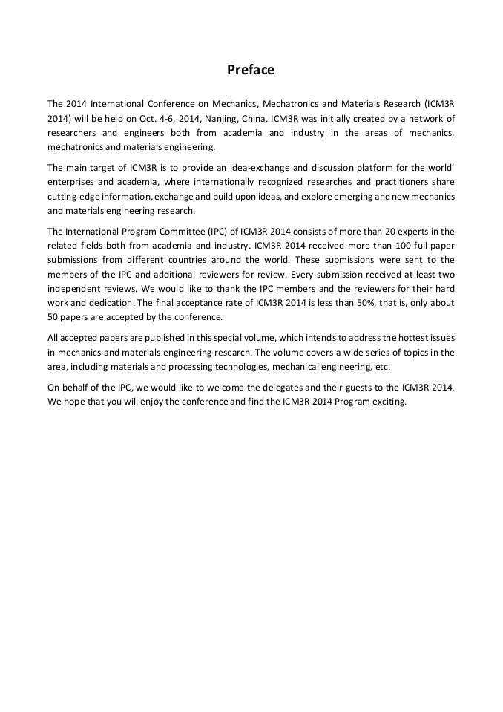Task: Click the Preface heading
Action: tap(251, 70)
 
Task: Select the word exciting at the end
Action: tap(390, 401)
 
